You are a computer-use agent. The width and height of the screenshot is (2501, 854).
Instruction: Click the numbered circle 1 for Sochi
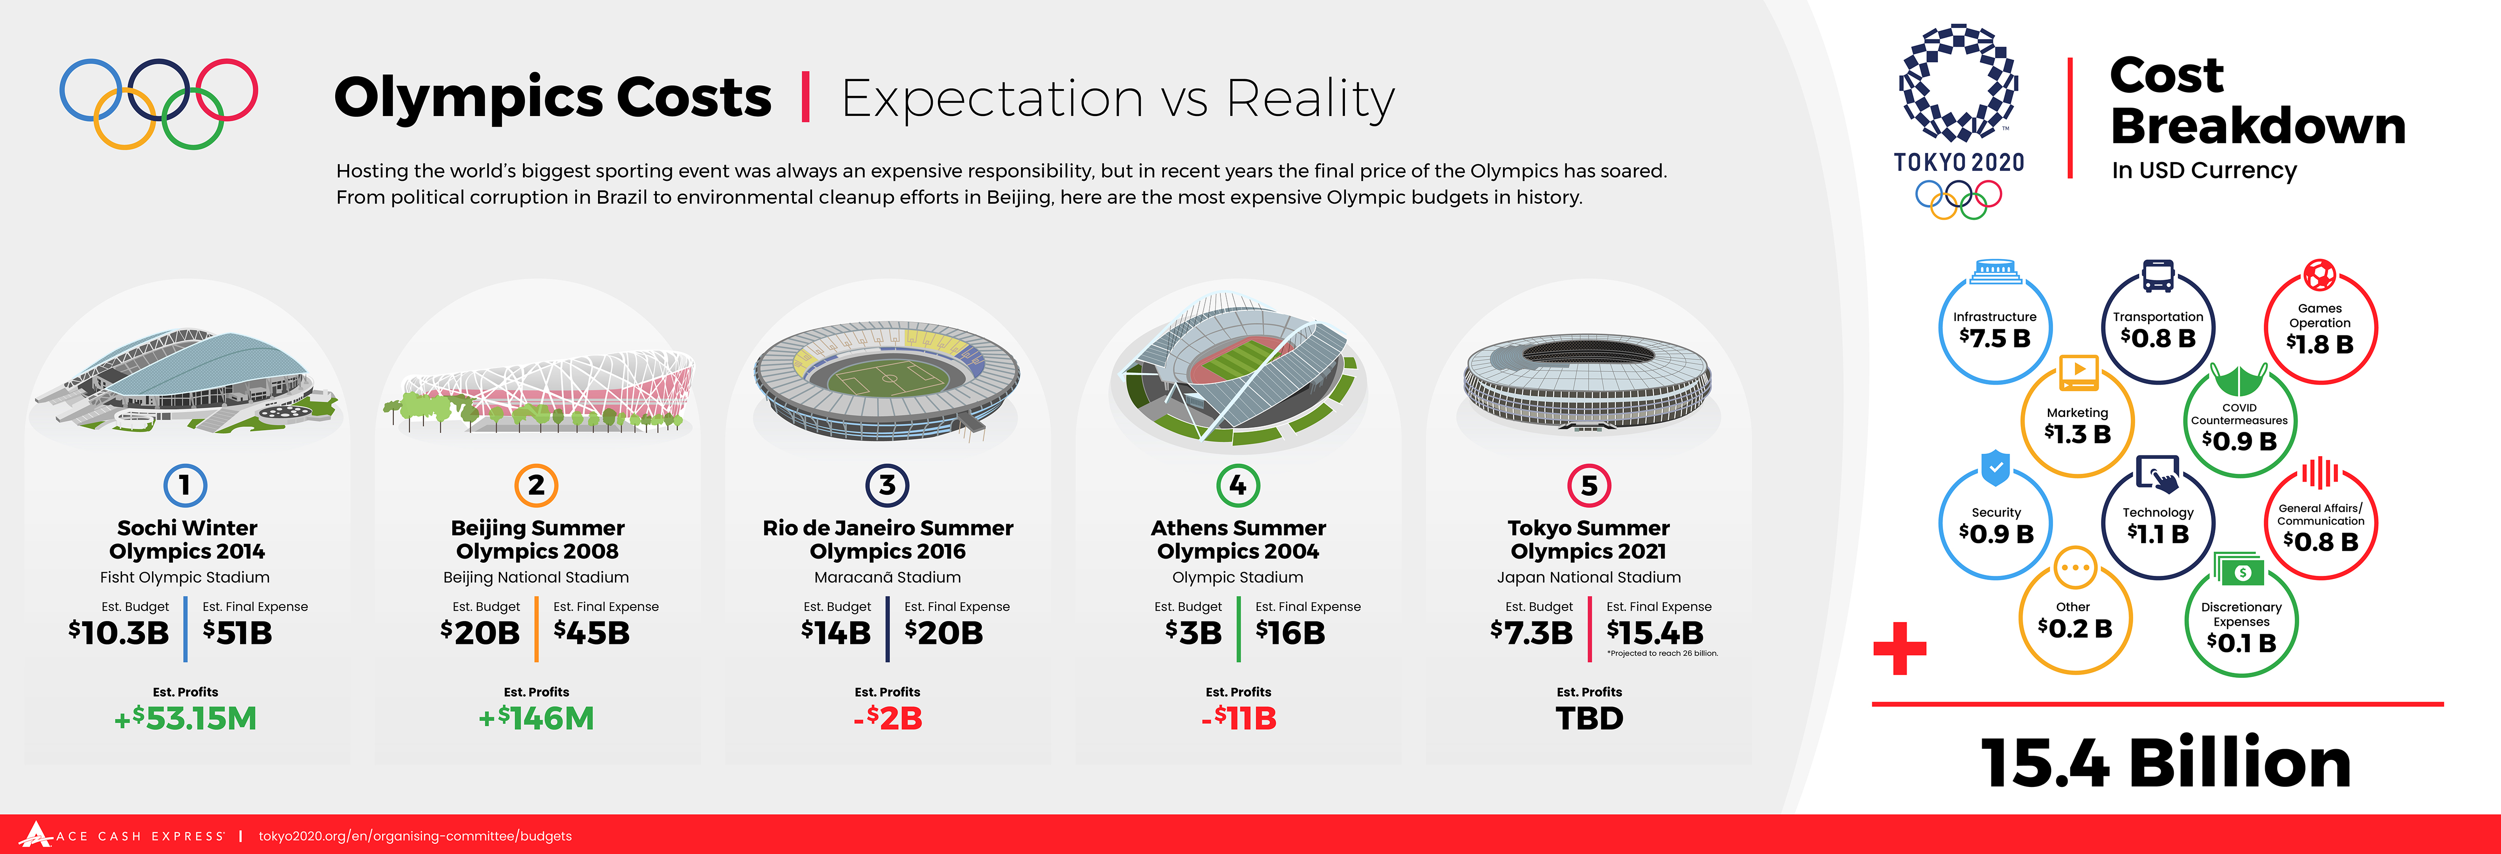(x=185, y=484)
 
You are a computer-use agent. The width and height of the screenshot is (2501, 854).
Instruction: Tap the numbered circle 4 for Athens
(x=1238, y=484)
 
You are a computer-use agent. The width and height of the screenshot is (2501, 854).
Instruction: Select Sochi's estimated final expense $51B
(x=238, y=633)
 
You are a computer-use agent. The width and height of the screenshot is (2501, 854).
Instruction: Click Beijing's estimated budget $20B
(x=481, y=633)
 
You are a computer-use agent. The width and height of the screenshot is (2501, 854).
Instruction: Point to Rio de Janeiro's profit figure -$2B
(x=888, y=718)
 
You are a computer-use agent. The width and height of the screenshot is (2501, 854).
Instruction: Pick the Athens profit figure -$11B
(x=1238, y=718)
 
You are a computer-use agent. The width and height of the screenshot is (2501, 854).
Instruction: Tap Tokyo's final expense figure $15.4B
(x=1655, y=633)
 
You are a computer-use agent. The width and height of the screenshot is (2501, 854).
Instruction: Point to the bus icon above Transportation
(x=2157, y=276)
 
